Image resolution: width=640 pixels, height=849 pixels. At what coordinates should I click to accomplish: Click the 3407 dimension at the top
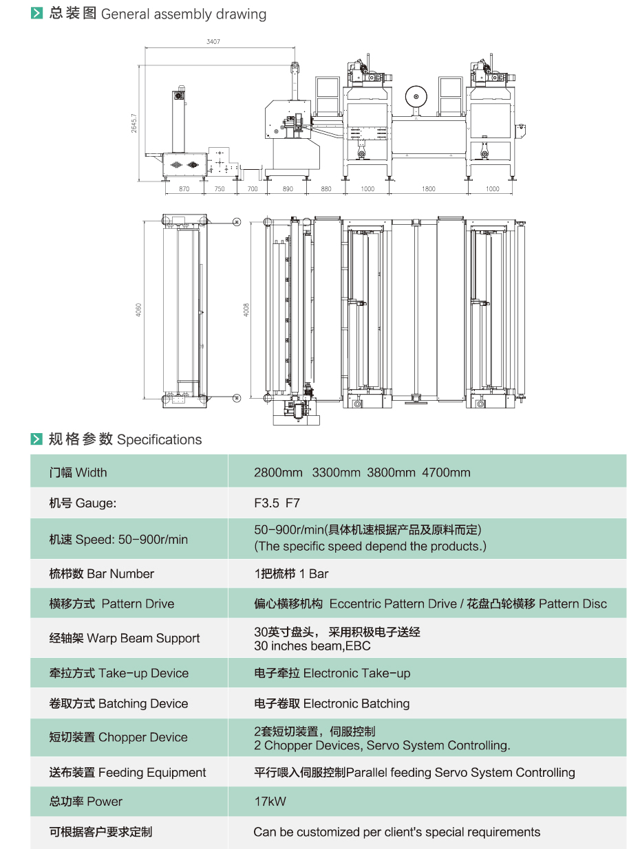[x=213, y=42]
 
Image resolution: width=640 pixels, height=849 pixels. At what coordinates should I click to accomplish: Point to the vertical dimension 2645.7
[x=135, y=124]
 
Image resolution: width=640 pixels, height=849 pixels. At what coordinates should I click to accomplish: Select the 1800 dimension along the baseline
[x=428, y=188]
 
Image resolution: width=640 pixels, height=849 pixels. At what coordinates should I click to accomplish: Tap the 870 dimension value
[x=184, y=188]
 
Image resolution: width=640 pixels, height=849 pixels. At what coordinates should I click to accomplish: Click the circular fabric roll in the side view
[x=415, y=96]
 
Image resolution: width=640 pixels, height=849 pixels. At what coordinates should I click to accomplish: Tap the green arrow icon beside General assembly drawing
[x=37, y=14]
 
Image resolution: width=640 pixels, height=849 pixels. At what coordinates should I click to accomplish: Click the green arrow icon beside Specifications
[x=37, y=439]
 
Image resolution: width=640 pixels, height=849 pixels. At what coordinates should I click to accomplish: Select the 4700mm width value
[x=446, y=472]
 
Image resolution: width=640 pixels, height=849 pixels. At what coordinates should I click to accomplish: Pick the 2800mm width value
[x=278, y=472]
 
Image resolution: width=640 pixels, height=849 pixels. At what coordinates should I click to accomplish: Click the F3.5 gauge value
[x=266, y=503]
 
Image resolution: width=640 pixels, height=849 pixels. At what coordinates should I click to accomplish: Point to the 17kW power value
[x=270, y=801]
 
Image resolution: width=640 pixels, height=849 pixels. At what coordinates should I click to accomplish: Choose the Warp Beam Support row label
[x=125, y=638]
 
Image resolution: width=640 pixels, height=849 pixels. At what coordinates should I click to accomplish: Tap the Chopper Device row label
[x=118, y=737]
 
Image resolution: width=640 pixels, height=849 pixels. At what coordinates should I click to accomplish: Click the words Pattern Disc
[x=573, y=604]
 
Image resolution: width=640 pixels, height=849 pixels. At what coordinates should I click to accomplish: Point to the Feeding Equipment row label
[x=127, y=772]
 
